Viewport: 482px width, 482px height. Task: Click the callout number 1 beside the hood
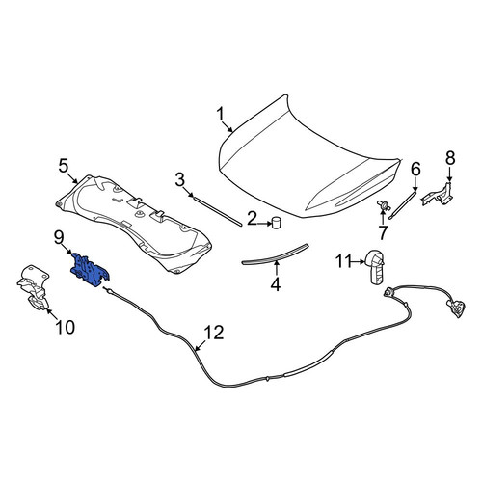(x=221, y=115)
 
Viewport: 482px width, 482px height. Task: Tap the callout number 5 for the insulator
(x=64, y=166)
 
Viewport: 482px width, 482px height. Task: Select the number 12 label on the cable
(x=214, y=333)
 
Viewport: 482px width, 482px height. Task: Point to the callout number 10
(x=66, y=328)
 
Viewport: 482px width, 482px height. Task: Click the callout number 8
(x=450, y=158)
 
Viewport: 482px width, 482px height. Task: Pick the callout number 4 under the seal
(x=276, y=283)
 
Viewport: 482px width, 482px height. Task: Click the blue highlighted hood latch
(x=91, y=269)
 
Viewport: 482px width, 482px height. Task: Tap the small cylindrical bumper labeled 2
(x=276, y=223)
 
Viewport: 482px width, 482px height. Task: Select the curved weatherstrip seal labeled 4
(x=275, y=254)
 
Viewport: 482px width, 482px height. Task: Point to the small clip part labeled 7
(x=384, y=205)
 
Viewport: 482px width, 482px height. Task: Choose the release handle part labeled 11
(x=375, y=266)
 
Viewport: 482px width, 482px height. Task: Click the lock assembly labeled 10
(x=34, y=287)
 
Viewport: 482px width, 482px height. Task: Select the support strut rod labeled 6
(x=403, y=203)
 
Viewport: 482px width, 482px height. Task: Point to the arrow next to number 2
(x=265, y=222)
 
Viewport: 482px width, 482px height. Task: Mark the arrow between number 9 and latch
(x=69, y=251)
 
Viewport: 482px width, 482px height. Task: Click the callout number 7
(x=383, y=232)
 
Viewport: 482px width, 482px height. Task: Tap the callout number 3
(x=180, y=179)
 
